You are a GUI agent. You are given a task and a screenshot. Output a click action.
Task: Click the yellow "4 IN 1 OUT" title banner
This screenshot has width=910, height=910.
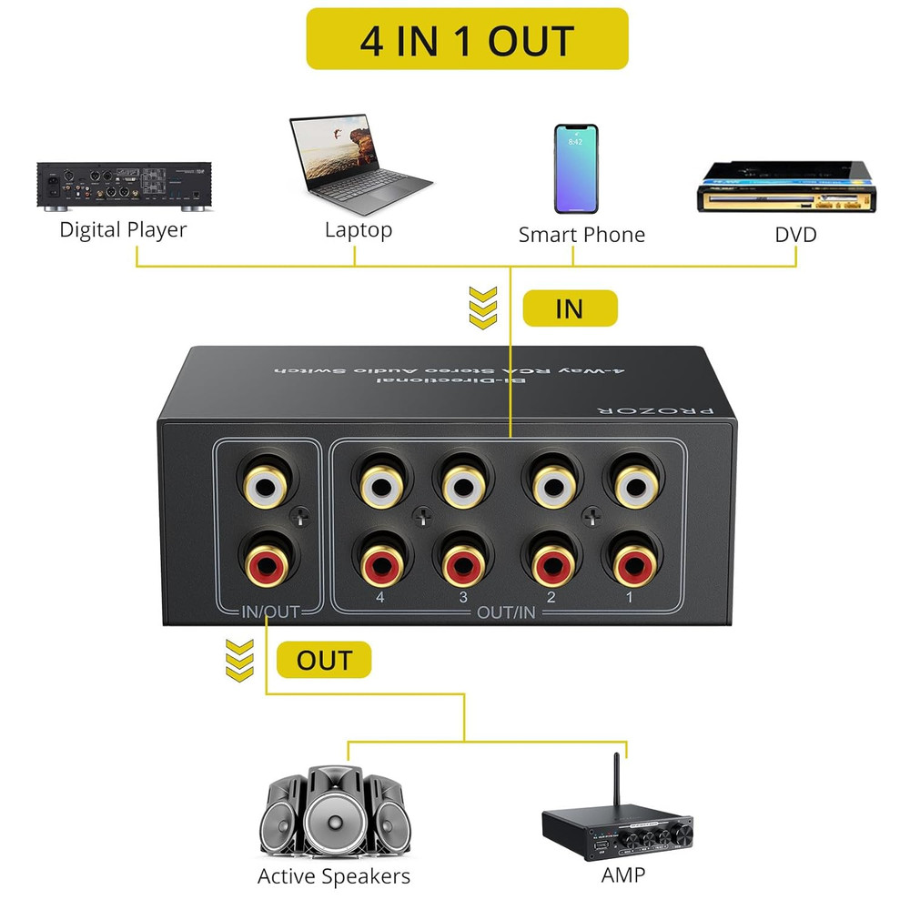(x=467, y=39)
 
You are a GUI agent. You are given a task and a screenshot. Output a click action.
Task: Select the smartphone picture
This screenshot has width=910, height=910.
(x=576, y=167)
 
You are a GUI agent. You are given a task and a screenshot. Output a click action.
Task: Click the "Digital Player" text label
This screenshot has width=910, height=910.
(x=123, y=229)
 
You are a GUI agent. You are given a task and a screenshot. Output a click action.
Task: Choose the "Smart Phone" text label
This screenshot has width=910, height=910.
(x=581, y=235)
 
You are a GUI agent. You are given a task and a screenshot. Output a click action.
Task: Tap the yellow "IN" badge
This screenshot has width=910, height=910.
(x=570, y=308)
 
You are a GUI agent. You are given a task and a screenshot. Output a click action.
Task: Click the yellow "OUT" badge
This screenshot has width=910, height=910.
(x=323, y=661)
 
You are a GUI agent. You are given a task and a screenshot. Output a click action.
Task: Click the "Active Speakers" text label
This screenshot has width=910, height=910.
(x=334, y=876)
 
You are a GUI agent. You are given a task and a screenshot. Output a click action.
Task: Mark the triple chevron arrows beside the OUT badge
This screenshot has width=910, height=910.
(x=239, y=659)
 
